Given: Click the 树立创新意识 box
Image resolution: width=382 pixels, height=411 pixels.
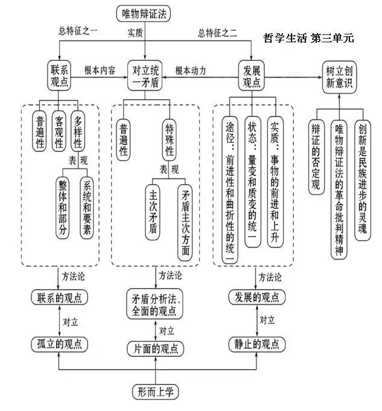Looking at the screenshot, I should pos(336,77).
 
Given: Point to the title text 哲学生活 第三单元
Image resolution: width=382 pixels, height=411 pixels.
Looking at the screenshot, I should pos(308,38).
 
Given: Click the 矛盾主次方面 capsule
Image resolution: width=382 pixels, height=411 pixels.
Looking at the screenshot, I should pos(185,223).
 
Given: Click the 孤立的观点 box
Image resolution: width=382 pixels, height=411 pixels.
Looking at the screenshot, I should pos(59,344).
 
